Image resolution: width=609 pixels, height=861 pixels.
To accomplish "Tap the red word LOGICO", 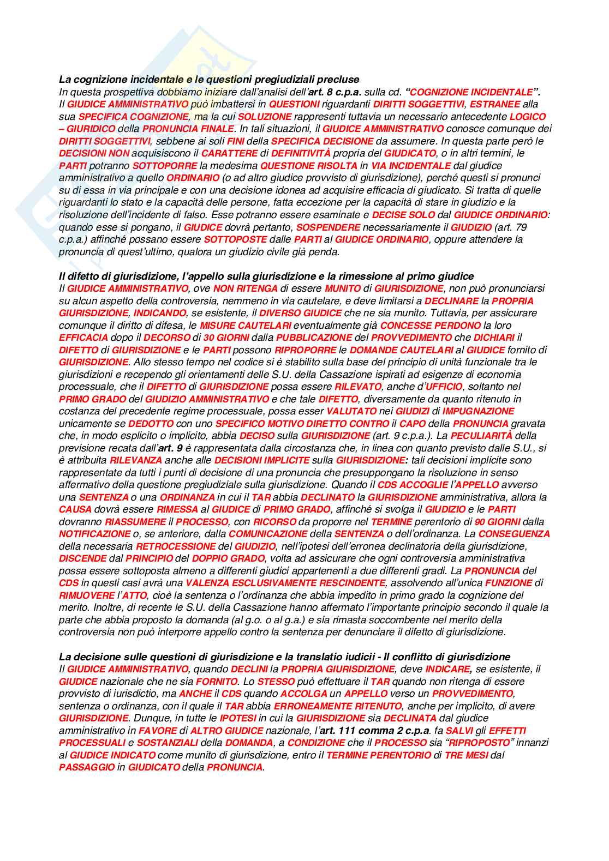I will [528, 117].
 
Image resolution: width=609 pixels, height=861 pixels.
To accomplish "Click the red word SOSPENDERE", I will [328, 227].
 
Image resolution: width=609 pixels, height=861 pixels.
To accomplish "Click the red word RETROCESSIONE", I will [175, 546].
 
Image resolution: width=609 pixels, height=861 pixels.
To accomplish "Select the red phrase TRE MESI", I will [466, 755].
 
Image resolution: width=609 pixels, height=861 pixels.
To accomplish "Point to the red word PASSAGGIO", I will [87, 767].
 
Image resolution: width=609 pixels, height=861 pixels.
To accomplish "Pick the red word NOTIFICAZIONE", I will [95, 534].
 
